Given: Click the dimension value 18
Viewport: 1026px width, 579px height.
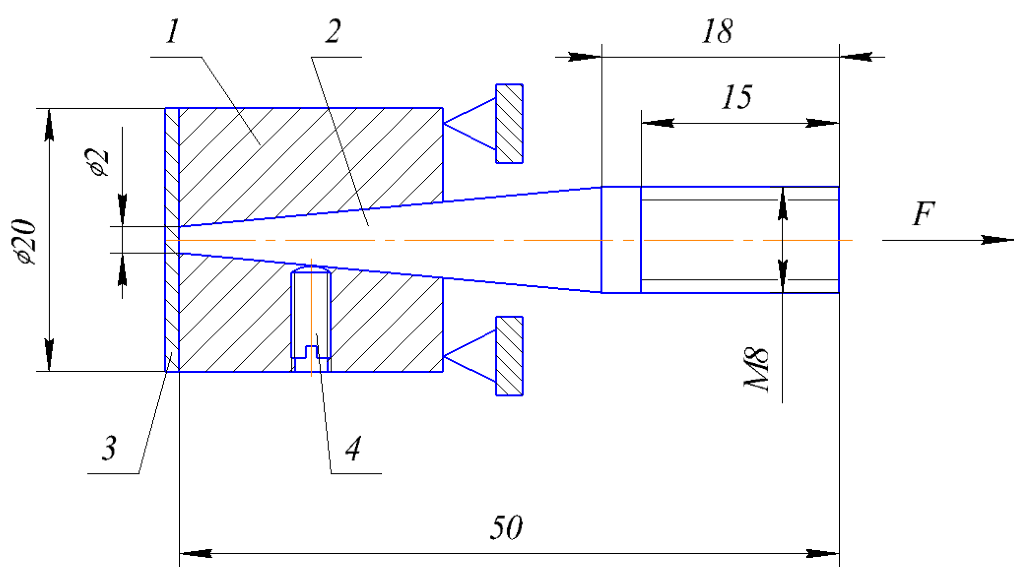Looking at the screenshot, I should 717,31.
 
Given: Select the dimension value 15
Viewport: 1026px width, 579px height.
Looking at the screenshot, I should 736,97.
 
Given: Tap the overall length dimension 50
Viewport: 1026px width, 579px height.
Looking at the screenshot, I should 506,527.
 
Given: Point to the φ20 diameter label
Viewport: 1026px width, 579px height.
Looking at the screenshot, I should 25,242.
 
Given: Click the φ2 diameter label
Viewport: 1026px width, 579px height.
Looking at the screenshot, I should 96,162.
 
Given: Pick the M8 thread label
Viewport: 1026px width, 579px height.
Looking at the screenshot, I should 756,369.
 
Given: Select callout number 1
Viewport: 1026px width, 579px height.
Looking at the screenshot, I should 172,31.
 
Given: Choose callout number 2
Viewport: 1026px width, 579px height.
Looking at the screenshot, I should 333,31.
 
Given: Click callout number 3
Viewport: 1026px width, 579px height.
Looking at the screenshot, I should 109,448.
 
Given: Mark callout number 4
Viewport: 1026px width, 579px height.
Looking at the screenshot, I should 353,448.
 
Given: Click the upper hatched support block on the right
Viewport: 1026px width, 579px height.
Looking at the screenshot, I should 509,123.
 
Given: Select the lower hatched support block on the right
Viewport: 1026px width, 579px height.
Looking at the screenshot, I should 509,356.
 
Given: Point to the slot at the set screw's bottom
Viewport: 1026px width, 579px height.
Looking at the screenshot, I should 312,352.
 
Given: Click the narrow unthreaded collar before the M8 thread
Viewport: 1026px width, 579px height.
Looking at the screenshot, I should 621,240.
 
